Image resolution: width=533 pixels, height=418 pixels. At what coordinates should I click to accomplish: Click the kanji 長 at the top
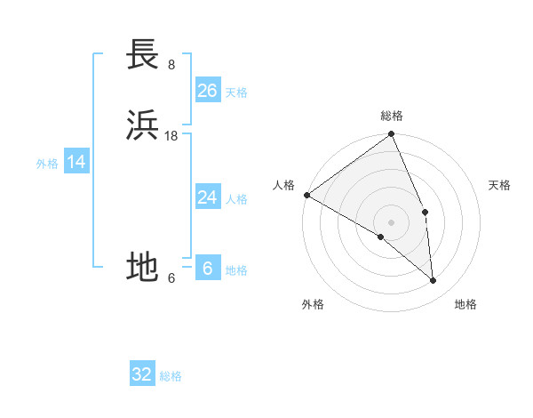pos(142,55)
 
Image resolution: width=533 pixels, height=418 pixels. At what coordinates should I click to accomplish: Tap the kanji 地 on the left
pos(142,266)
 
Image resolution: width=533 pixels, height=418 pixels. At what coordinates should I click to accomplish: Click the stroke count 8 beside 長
pos(171,64)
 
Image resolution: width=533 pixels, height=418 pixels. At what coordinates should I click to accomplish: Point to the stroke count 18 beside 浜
pos(171,135)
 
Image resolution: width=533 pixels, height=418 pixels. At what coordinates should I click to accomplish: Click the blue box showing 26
pos(207,91)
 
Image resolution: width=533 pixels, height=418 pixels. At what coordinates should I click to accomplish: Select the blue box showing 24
pos(207,197)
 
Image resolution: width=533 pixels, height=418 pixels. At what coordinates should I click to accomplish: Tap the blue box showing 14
pos(76,162)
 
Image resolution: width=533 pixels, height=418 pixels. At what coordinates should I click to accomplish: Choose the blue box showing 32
pos(142,374)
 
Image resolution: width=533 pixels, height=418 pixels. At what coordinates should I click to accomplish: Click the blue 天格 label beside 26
pos(236,92)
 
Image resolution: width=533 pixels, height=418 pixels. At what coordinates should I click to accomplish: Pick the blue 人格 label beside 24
pos(236,199)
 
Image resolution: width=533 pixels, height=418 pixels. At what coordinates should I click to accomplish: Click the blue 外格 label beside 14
pos(47,164)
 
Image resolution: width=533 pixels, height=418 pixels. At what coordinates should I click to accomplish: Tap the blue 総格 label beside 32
pos(171,376)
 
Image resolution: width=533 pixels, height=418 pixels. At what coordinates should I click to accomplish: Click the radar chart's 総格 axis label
pos(391,116)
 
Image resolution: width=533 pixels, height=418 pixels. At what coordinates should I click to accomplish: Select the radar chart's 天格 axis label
pos(499,185)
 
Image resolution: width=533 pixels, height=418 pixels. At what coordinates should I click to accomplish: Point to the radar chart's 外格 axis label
pos(313,304)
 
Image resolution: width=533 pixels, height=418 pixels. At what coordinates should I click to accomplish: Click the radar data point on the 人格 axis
pos(306,195)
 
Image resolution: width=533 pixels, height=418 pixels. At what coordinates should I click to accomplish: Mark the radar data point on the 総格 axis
pos(391,134)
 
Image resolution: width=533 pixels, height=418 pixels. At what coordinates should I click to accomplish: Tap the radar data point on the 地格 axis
pos(433,280)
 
